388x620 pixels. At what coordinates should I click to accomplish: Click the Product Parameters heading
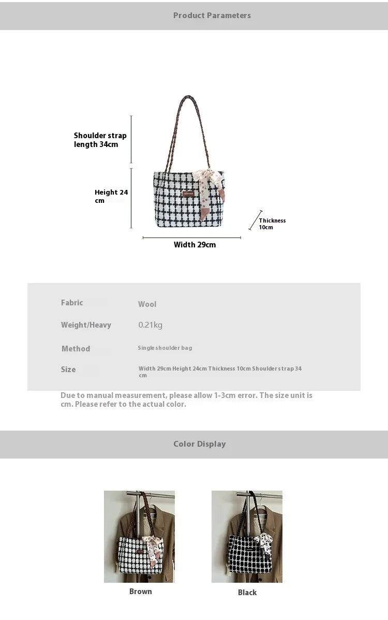[x=212, y=16]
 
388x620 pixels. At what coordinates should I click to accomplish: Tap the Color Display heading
[x=199, y=444]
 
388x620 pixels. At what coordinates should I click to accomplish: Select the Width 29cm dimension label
[x=195, y=245]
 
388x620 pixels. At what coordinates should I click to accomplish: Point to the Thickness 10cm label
[x=272, y=224]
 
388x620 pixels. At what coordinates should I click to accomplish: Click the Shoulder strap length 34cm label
[x=100, y=140]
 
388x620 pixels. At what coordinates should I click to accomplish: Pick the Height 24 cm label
[x=111, y=196]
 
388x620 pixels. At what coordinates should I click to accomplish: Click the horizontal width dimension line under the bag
[x=191, y=238]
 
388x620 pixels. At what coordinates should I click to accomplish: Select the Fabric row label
[x=72, y=303]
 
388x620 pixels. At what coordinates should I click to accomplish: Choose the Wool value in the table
[x=147, y=304]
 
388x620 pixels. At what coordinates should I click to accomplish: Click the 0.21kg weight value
[x=150, y=325]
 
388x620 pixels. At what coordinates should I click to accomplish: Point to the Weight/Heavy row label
[x=86, y=325]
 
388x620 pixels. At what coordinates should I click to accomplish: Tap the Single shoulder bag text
[x=165, y=348]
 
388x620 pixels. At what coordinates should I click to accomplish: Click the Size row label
[x=68, y=370]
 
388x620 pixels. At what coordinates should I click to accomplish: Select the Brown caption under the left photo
[x=140, y=591]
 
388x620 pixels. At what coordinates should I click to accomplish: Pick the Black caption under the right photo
[x=247, y=592]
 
